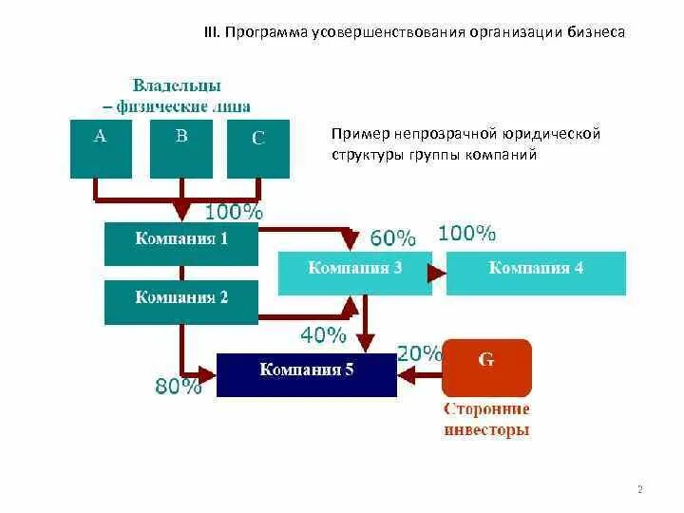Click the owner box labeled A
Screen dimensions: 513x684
[101, 147]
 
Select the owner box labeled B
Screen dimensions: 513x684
[181, 147]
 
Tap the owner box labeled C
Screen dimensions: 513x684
[258, 149]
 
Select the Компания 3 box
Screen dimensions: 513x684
[354, 273]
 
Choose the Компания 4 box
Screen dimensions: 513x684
[536, 273]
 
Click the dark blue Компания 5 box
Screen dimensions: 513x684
[306, 373]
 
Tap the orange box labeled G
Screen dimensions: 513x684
[486, 368]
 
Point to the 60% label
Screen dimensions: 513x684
[392, 237]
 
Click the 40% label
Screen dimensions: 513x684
[324, 334]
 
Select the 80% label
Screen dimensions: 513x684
[178, 386]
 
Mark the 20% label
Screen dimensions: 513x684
[419, 353]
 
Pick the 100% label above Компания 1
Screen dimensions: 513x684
[235, 212]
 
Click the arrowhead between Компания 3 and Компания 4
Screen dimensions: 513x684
[437, 273]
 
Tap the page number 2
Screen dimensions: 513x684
[639, 489]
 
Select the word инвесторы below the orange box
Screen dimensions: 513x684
[486, 430]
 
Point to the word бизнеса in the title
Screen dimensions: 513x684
[597, 32]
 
